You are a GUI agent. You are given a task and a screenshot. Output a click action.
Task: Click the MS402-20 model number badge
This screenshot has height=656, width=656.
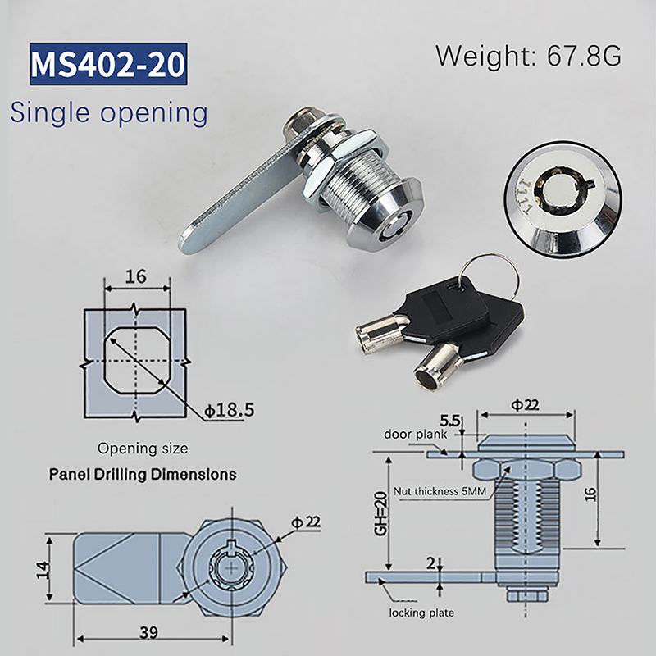(x=108, y=64)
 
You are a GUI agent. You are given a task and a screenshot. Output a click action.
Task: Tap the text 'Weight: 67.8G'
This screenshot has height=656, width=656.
(x=529, y=56)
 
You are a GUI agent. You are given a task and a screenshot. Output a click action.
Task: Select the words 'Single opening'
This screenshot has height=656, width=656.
(x=109, y=112)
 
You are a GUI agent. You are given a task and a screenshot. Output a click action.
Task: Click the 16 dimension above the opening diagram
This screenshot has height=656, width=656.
(x=135, y=276)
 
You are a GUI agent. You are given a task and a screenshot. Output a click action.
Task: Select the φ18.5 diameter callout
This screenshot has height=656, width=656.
(x=230, y=410)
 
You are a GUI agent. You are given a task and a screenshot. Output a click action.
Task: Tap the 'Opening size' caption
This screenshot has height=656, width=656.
(x=143, y=449)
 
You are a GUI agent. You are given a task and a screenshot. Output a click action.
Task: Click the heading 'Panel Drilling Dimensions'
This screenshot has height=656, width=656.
(x=143, y=475)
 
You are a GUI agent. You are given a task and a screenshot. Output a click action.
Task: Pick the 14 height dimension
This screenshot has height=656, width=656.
(x=43, y=570)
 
